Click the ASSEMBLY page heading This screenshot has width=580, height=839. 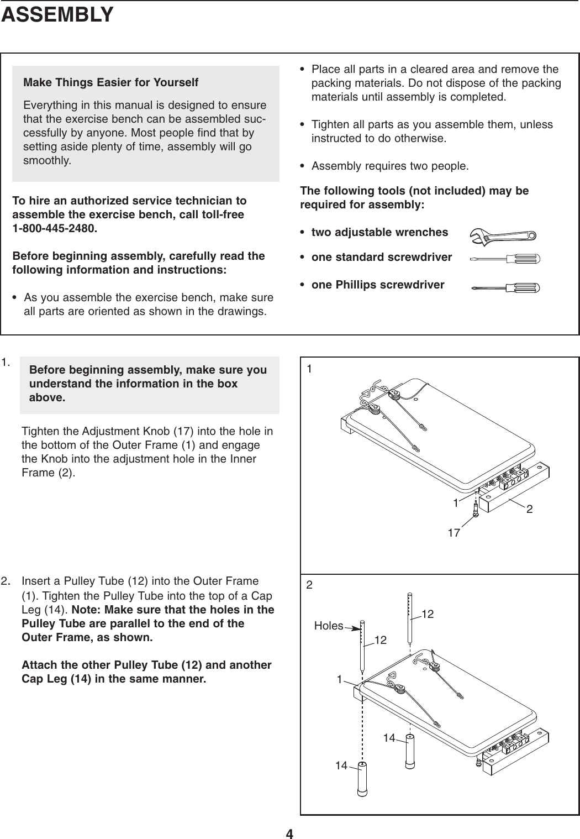57,15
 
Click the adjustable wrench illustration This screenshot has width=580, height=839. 502,235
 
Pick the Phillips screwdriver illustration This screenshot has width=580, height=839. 505,287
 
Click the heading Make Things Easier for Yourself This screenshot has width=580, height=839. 110,83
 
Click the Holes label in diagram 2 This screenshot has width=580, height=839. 328,626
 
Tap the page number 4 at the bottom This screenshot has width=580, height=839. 289,833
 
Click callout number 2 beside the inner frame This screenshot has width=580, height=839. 529,509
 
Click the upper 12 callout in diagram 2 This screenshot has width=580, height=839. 428,615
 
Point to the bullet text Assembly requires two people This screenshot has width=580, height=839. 390,166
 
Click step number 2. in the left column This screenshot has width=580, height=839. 7,581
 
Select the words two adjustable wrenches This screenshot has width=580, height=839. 379,232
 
